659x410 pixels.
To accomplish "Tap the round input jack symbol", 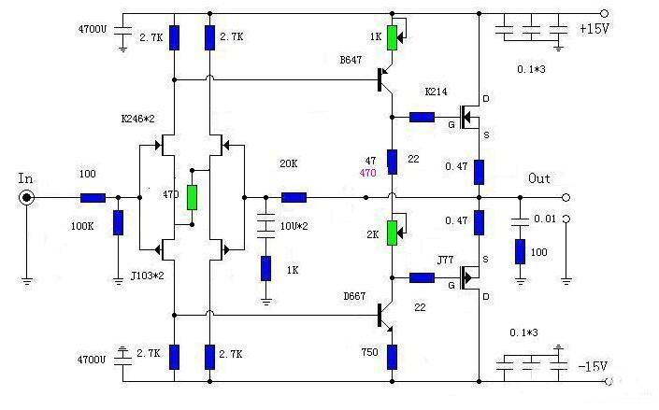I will point(29,198).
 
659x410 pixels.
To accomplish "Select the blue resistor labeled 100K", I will point(118,222).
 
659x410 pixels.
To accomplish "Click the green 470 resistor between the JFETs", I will point(192,197).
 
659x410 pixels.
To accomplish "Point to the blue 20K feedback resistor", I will point(294,198).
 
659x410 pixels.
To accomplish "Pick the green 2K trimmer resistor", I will point(392,232).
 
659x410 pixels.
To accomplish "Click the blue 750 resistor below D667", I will point(392,355).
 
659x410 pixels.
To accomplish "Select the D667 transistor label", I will point(354,297).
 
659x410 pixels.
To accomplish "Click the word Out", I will point(539,178).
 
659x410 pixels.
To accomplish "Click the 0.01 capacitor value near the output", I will point(543,219).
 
